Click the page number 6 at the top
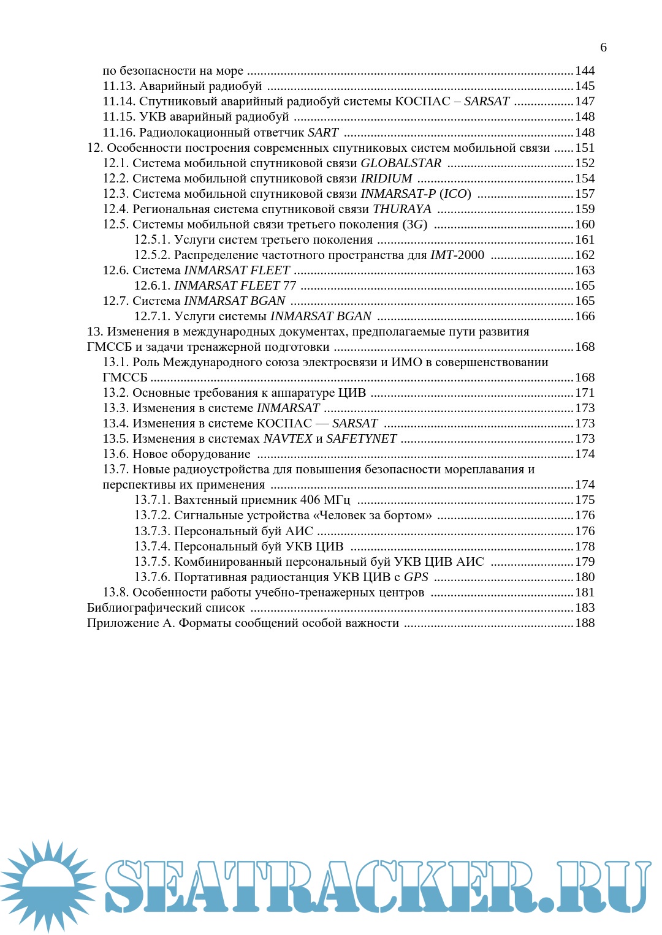pos(603,48)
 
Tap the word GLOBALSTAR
pos(401,163)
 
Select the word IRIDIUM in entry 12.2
pos(386,179)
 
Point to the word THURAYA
pos(402,209)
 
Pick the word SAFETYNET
pos(362,439)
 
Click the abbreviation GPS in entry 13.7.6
pos(416,577)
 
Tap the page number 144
pos(585,71)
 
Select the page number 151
pos(585,148)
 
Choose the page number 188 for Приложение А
pos(585,623)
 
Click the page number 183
pos(585,608)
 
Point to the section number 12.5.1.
pos(152,240)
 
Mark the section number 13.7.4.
pos(152,547)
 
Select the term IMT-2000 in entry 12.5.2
pos(457,255)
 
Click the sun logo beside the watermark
pos(48,885)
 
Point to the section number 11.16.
pos(119,133)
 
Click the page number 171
pos(585,393)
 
